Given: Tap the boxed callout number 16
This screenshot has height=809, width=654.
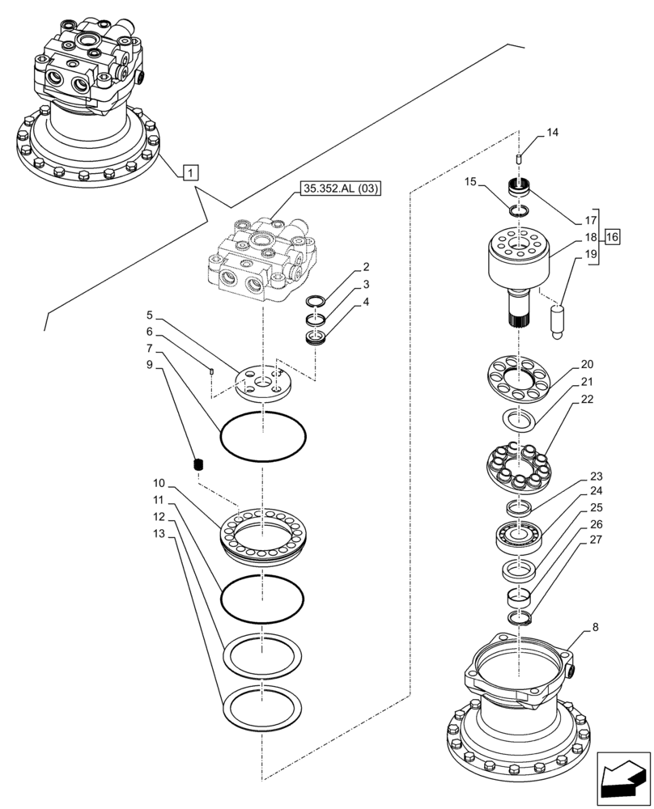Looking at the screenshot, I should pyautogui.click(x=611, y=237).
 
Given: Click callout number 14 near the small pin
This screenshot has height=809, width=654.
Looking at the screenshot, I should pyautogui.click(x=552, y=132).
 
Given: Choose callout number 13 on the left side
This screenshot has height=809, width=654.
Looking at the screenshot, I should pyautogui.click(x=159, y=534).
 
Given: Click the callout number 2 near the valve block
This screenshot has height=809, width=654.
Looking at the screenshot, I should pyautogui.click(x=366, y=266).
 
